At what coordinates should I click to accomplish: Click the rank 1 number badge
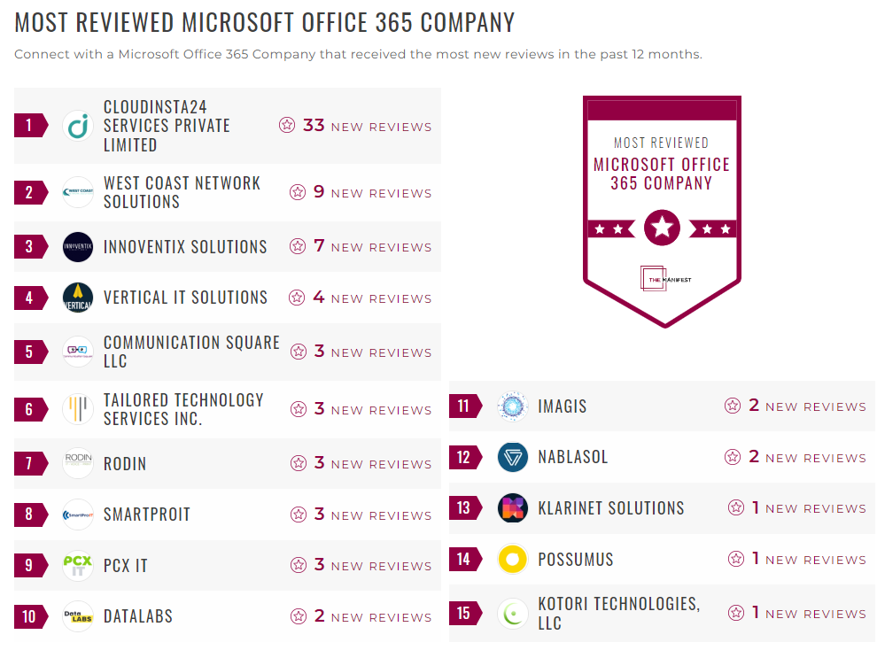[29, 126]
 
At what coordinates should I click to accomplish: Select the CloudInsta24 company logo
[78, 126]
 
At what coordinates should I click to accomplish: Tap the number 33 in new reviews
[314, 126]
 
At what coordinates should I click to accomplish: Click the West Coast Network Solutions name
[182, 192]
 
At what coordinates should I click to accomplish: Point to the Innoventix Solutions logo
[78, 247]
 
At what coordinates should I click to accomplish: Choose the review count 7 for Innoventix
[319, 246]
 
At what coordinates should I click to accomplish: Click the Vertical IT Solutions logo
[78, 298]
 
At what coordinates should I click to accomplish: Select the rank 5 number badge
[29, 352]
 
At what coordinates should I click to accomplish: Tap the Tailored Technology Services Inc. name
[183, 409]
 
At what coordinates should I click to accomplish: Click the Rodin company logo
[78, 463]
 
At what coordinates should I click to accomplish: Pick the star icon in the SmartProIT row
[298, 515]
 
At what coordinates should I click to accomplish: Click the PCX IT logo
[78, 565]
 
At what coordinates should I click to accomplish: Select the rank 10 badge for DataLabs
[29, 616]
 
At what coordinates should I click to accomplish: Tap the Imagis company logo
[513, 406]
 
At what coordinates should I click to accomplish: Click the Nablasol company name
[572, 458]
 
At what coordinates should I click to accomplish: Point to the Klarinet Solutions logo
[513, 508]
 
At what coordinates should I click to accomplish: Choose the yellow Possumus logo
[513, 559]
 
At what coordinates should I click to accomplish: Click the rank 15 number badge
[464, 613]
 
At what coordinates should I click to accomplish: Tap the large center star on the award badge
[662, 228]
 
